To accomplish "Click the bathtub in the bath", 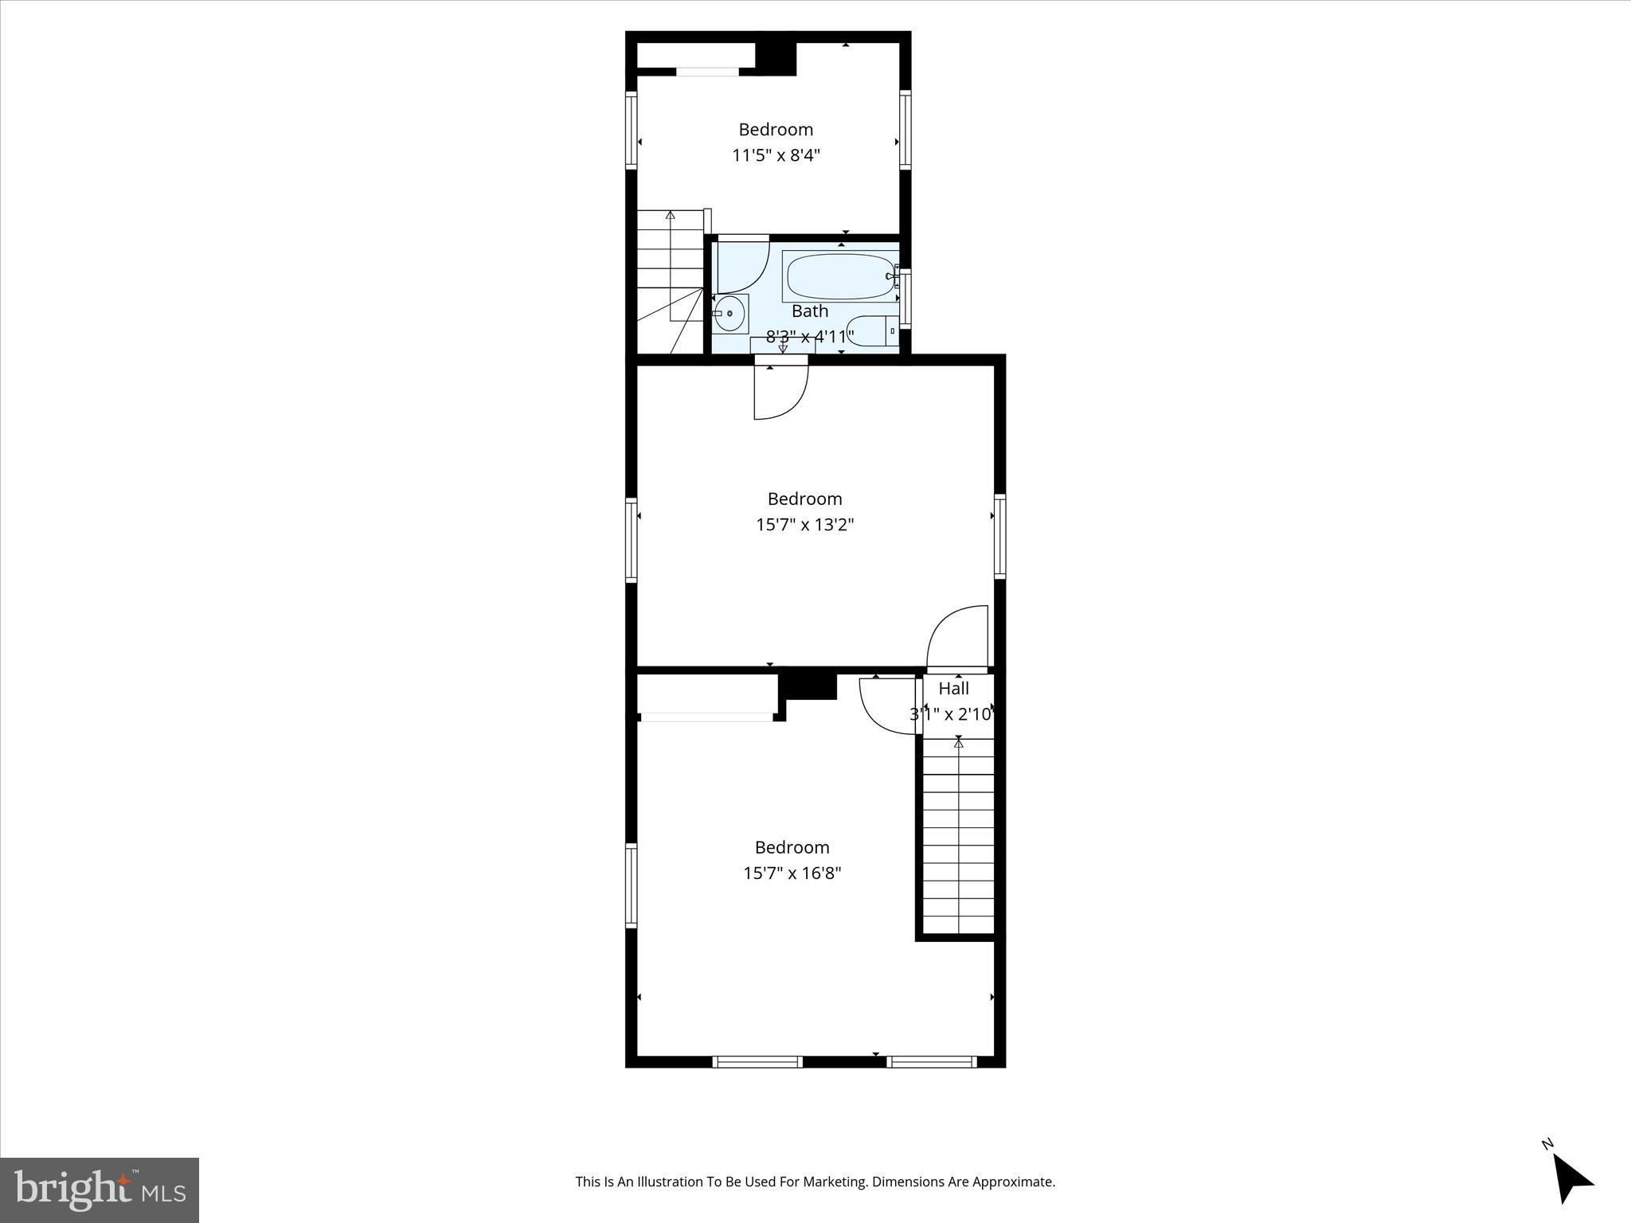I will (839, 276).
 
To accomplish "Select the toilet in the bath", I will (871, 330).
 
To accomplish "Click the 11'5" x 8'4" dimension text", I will (776, 155).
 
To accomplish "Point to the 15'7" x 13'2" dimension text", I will (804, 525).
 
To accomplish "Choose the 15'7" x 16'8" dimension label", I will (792, 873).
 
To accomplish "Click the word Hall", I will (953, 689).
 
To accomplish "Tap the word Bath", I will (809, 311).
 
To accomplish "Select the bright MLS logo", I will (100, 1190).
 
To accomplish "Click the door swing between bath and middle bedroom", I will (780, 392).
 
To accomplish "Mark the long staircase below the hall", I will (958, 836).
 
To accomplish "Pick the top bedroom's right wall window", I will (905, 131).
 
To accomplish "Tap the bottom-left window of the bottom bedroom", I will (757, 1061).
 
